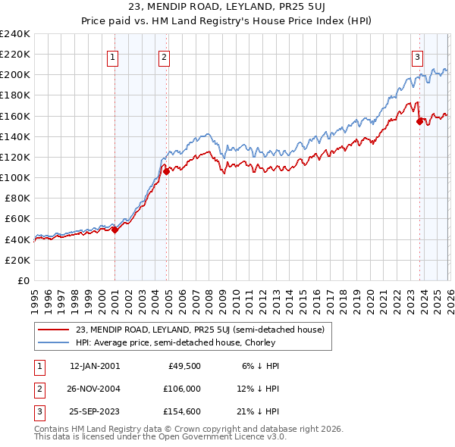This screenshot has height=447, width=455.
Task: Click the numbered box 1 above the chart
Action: pyautogui.click(x=112, y=55)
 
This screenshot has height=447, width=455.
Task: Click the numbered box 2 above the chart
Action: pyautogui.click(x=164, y=55)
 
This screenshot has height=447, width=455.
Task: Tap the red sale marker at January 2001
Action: pyautogui.click(x=115, y=230)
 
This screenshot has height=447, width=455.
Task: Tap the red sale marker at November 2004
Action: pyautogui.click(x=167, y=172)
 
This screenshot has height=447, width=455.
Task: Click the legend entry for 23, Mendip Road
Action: pyautogui.click(x=200, y=330)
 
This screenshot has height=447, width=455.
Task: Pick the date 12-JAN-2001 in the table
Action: pyautogui.click(x=94, y=366)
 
